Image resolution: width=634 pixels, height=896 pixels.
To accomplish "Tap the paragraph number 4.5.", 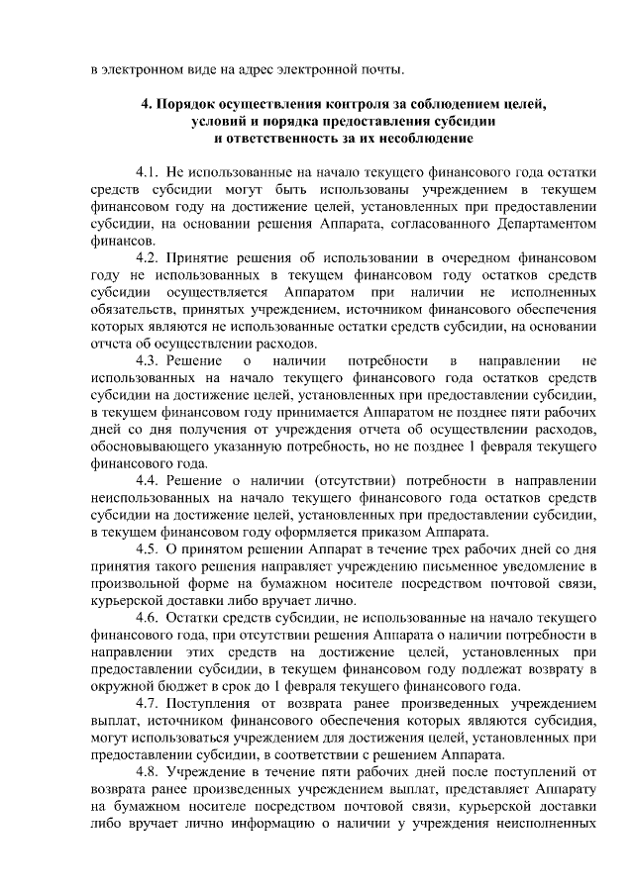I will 149,549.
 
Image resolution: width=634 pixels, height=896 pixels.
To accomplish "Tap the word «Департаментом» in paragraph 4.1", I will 542,223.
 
